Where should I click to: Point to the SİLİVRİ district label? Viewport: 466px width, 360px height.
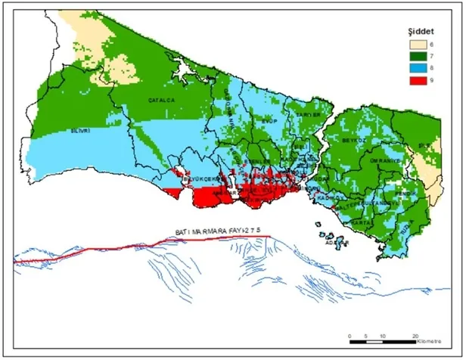click(x=80, y=130)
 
